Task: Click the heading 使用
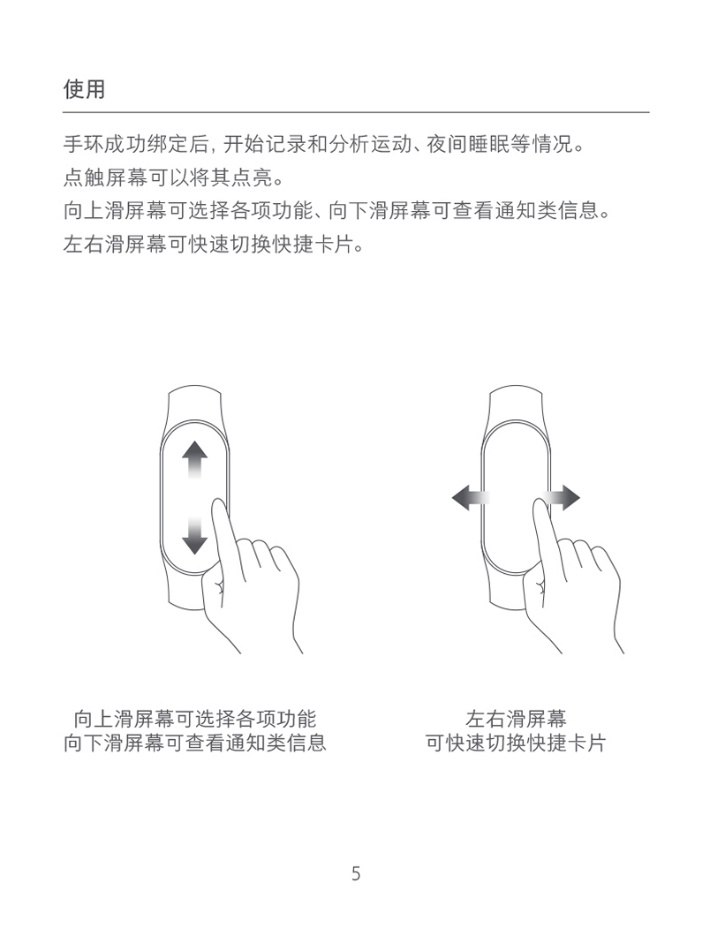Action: point(84,89)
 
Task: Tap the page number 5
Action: point(355,873)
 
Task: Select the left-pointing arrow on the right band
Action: point(471,497)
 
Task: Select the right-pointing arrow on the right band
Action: point(563,497)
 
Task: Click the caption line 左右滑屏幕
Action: point(516,719)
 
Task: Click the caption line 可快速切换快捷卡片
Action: point(516,743)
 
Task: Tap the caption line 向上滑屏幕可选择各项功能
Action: point(195,719)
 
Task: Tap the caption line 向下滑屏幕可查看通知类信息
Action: point(195,743)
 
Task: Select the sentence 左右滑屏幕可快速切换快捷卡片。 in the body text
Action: point(214,243)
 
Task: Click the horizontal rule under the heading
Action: point(356,111)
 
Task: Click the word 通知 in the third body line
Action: point(516,210)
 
